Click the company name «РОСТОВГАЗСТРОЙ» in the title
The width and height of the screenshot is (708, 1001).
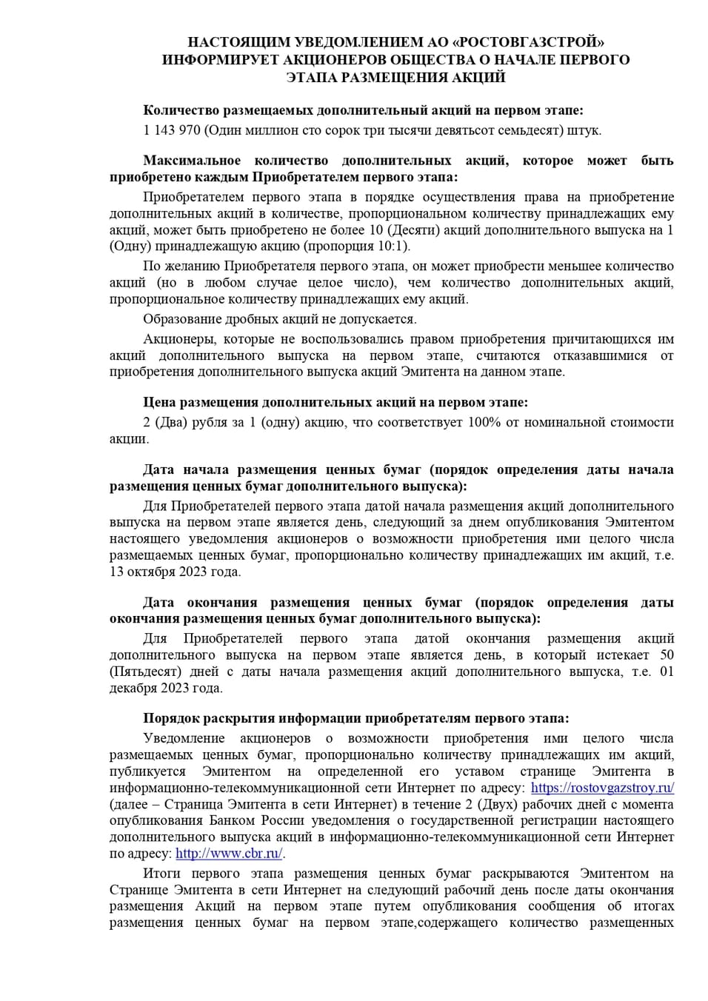coord(525,42)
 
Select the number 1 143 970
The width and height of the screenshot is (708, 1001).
coord(171,130)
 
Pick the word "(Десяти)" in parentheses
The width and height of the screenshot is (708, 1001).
coord(413,230)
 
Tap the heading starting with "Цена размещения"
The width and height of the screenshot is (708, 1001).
coord(335,402)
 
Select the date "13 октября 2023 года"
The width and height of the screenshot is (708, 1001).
coord(175,572)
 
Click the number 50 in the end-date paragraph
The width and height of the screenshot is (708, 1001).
coord(667,654)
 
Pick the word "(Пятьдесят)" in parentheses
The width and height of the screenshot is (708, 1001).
coord(144,672)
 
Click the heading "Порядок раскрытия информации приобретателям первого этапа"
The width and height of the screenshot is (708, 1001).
coord(355,718)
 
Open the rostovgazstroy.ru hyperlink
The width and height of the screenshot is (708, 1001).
coord(602,788)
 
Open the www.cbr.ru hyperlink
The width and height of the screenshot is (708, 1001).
coord(229,854)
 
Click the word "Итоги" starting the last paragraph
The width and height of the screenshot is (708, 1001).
coord(161,874)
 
